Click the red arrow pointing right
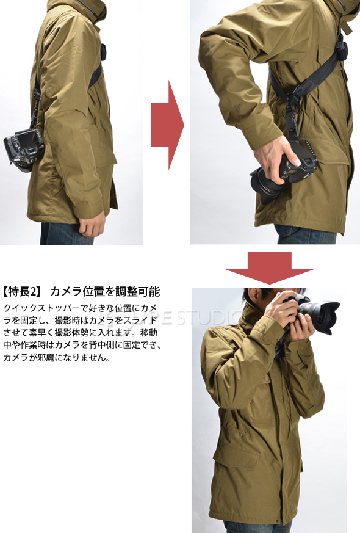tap(168, 125)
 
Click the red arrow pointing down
tap(269, 267)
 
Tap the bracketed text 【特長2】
tap(23, 291)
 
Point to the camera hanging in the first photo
tap(23, 150)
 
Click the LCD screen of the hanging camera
tap(29, 140)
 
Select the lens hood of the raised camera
tap(326, 317)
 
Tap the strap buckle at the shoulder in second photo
tap(340, 50)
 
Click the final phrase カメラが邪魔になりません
tap(56, 358)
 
